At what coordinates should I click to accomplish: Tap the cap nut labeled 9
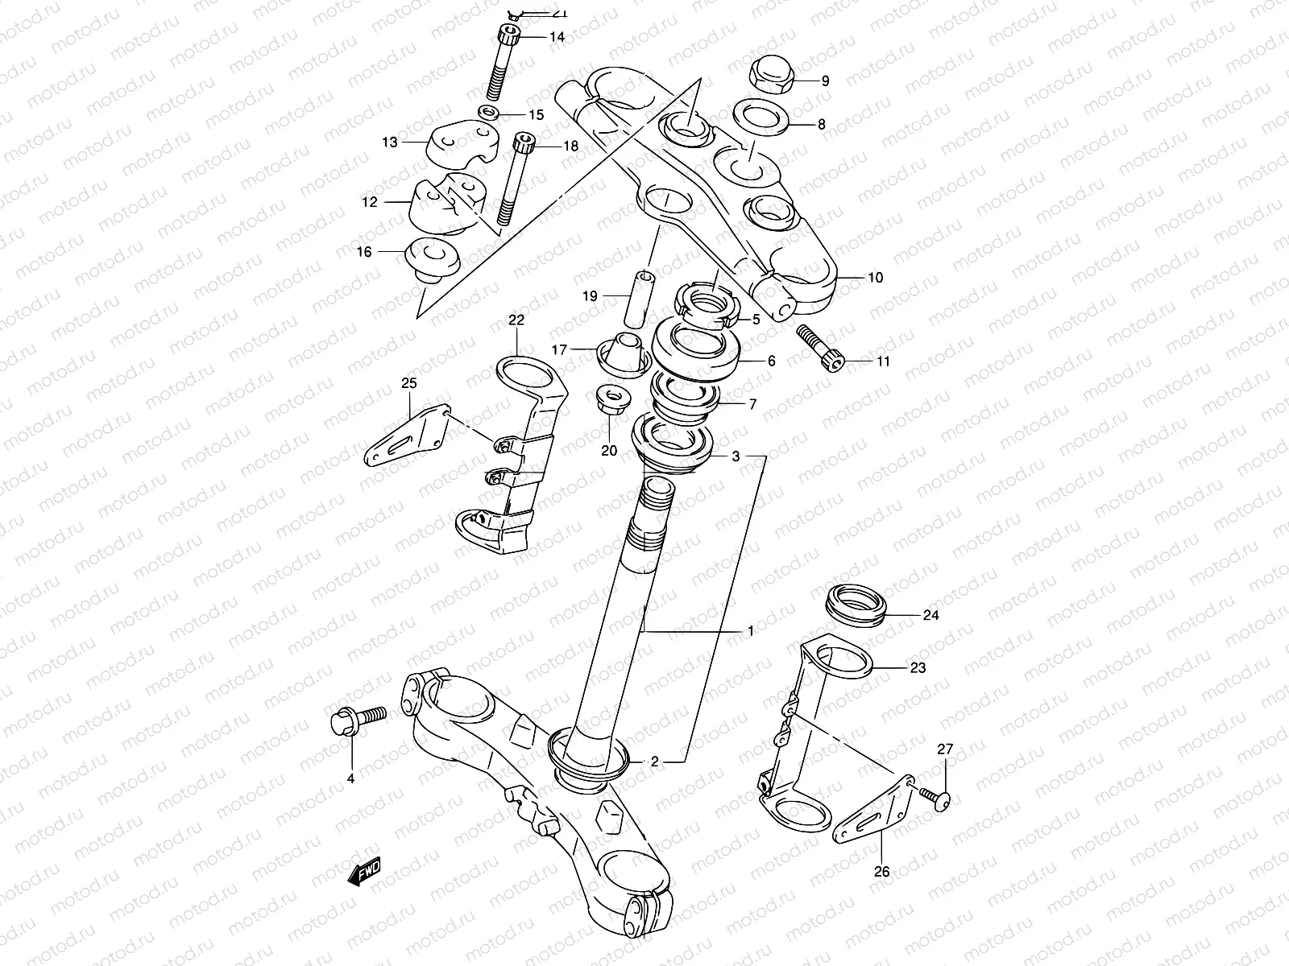click(x=769, y=75)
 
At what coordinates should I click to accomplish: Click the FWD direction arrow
click(x=363, y=872)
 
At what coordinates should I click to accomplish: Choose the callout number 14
click(x=557, y=38)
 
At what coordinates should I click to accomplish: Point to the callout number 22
click(x=516, y=320)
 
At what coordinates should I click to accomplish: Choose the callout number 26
click(x=881, y=872)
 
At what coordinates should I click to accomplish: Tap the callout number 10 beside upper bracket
click(x=875, y=278)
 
